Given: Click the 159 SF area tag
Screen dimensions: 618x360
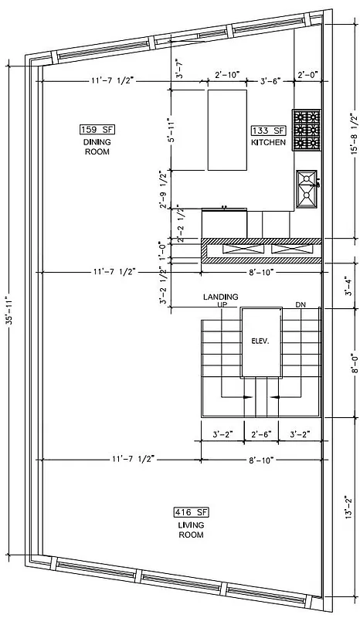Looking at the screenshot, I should coord(97,129).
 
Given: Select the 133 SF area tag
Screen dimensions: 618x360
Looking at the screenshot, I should coord(268,131).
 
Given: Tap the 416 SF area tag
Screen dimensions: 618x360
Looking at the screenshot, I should coord(191,511).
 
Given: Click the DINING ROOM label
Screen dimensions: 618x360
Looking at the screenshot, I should coord(97,147).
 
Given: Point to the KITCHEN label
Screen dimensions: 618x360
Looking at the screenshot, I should coord(268,143).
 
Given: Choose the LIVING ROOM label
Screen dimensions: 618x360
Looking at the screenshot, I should coord(191,529).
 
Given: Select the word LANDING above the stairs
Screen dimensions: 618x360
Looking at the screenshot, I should coord(220,297).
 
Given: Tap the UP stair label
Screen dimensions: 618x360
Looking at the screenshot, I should coord(220,305).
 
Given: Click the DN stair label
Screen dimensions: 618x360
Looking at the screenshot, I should coord(301,305).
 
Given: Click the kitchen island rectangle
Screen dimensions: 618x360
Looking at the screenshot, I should coord(227,129).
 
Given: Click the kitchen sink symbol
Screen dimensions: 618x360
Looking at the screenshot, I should coord(307,188).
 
